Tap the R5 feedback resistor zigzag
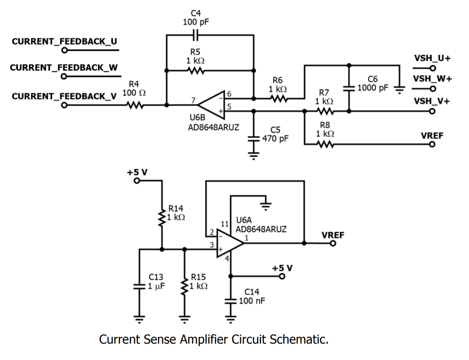pos(196,71)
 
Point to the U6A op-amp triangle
pos(229,243)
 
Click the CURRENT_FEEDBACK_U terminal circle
pos(64,50)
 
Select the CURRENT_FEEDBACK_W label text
pos(64,68)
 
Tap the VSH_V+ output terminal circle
pos(432,111)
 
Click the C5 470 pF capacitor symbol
pos(254,138)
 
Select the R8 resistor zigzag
pos(324,144)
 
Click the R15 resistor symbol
pos(184,286)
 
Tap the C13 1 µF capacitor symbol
pos(139,286)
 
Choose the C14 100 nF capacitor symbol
pos(231,301)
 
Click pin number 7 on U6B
pos(193,100)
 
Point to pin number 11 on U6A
pos(225,224)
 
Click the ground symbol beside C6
pos(399,89)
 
